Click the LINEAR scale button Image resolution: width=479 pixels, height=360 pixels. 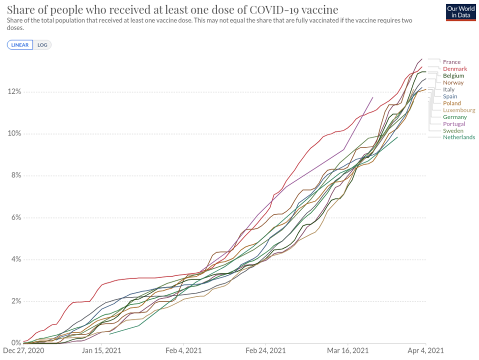click(x=20, y=45)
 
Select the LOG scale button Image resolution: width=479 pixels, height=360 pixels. click(x=42, y=45)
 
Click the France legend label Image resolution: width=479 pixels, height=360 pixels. click(x=451, y=62)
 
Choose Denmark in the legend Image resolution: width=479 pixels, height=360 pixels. click(x=455, y=69)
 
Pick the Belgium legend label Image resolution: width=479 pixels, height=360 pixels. click(x=453, y=75)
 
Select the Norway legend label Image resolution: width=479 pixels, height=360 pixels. click(x=453, y=82)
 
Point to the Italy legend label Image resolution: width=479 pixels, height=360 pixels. click(x=448, y=89)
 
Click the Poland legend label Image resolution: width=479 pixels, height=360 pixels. click(x=451, y=103)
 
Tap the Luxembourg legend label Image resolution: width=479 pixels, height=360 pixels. click(x=459, y=110)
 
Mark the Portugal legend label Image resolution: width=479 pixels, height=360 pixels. click(x=454, y=123)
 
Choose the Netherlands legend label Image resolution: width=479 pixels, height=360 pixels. click(x=459, y=137)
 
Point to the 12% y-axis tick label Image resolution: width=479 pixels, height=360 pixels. click(x=13, y=91)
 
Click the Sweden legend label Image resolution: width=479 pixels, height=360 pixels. click(x=453, y=130)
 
